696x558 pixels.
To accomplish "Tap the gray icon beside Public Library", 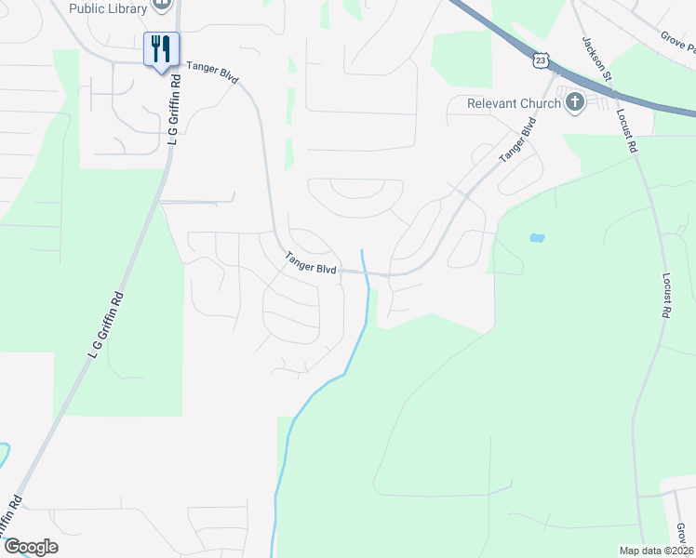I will click(163, 6).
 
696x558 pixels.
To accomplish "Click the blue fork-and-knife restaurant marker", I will click(161, 50).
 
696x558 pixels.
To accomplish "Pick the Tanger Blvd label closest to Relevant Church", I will click(518, 139).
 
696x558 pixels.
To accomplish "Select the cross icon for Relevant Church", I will click(574, 101).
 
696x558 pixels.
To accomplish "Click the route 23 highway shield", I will click(542, 60).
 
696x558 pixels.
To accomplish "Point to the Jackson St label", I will click(596, 60).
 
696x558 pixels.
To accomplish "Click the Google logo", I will click(31, 547).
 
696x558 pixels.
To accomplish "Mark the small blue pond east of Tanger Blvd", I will click(537, 238).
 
